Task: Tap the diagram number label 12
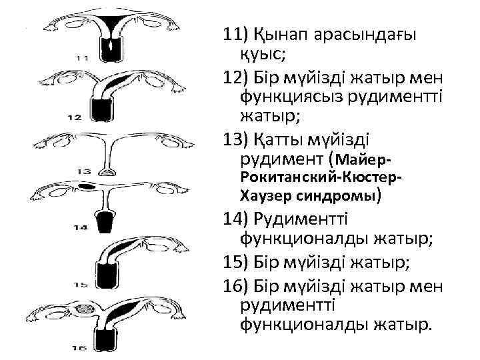(x=74, y=117)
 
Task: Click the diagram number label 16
(x=79, y=347)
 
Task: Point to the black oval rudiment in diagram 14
(x=87, y=185)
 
